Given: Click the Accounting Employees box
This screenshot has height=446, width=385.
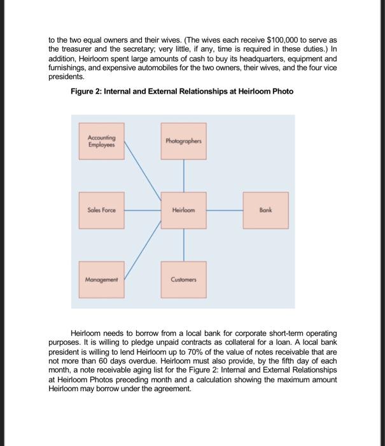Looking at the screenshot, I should [x=101, y=144].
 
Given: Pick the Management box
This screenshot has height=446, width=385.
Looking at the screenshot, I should [x=101, y=278].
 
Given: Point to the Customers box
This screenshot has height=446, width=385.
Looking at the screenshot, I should [x=184, y=278].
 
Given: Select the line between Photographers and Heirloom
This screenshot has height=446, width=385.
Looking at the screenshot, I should [x=184, y=176].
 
